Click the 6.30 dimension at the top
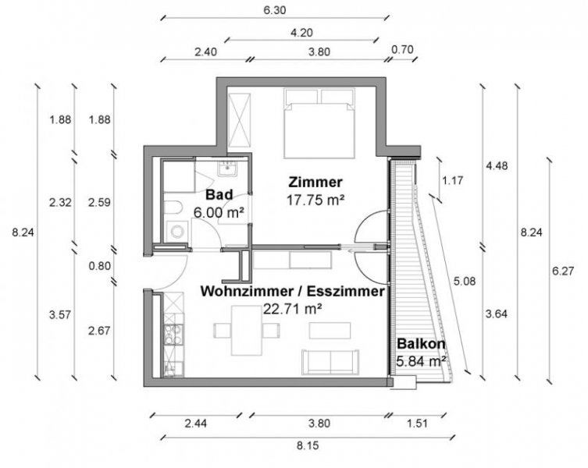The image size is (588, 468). [x=275, y=11]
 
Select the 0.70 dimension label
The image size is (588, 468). [x=402, y=51]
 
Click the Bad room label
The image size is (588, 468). [x=219, y=196]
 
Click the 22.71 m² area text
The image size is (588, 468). [x=292, y=308]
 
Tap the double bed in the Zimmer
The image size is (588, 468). [x=321, y=125]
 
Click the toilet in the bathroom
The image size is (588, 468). [x=175, y=207]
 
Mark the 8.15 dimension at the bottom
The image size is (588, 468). [x=303, y=448]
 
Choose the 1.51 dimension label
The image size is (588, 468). [x=419, y=425]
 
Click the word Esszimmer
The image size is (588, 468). [x=346, y=292]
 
